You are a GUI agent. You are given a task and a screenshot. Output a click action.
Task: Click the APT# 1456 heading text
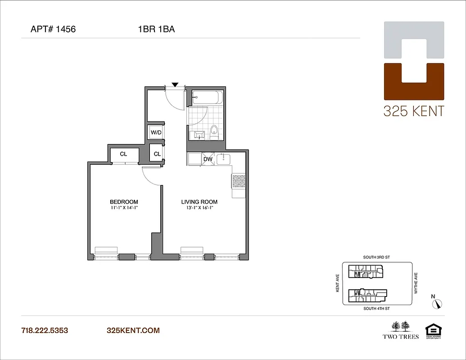click(53, 30)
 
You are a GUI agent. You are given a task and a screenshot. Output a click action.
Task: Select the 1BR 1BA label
click(156, 30)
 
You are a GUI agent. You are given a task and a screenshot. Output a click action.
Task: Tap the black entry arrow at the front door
click(175, 84)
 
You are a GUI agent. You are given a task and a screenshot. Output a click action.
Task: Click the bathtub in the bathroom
click(206, 98)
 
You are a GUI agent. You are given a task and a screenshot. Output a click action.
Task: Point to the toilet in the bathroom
click(214, 132)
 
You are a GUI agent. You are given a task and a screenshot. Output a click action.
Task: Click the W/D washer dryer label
click(156, 132)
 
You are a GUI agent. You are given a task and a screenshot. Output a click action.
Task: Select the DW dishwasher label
click(208, 159)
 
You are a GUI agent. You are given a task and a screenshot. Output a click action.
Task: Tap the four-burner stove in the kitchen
click(238, 181)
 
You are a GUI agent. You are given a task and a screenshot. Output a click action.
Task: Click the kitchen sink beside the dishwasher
click(224, 159)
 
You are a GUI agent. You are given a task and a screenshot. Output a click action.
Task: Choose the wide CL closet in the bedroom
click(123, 154)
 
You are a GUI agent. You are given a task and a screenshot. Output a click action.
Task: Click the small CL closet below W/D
click(157, 154)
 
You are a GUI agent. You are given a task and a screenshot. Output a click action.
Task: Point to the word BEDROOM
click(124, 202)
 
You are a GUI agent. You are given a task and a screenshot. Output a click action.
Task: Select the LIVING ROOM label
click(199, 202)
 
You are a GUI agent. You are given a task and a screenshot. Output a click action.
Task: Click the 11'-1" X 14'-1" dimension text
click(124, 208)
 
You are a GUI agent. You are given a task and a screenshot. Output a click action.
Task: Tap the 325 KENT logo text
click(413, 111)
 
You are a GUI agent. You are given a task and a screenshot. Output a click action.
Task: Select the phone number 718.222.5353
click(45, 330)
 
